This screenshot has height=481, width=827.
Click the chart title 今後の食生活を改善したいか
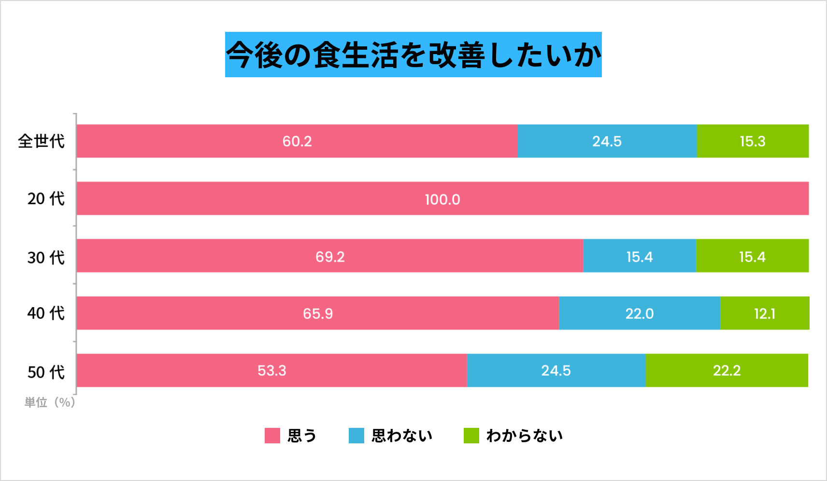pyautogui.click(x=413, y=55)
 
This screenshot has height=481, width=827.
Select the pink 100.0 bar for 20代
pyautogui.click(x=442, y=198)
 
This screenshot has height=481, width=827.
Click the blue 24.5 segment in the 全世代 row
pyautogui.click(x=607, y=141)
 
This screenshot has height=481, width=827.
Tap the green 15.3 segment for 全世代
pyautogui.click(x=753, y=141)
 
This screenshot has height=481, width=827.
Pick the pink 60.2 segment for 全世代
pyautogui.click(x=297, y=141)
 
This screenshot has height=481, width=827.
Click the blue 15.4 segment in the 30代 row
pyautogui.click(x=639, y=256)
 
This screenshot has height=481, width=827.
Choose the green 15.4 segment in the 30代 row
pyautogui.click(x=752, y=256)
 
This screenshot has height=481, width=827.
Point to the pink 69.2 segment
pyautogui.click(x=329, y=256)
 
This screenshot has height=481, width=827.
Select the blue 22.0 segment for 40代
pyautogui.click(x=639, y=313)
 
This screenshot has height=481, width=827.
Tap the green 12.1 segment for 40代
pyautogui.click(x=764, y=313)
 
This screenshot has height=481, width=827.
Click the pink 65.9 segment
pyautogui.click(x=317, y=313)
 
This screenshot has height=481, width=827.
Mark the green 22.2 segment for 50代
pyautogui.click(x=727, y=370)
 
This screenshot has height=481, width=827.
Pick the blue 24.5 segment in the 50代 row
pyautogui.click(x=556, y=370)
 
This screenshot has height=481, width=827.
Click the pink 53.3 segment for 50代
pyautogui.click(x=271, y=370)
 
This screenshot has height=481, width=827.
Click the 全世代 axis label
pyautogui.click(x=41, y=141)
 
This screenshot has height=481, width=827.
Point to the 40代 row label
pyautogui.click(x=46, y=313)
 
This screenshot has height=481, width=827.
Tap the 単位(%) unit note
pyautogui.click(x=50, y=402)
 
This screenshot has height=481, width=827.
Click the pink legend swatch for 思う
pyautogui.click(x=272, y=436)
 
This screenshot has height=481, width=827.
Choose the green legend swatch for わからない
pyautogui.click(x=471, y=436)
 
